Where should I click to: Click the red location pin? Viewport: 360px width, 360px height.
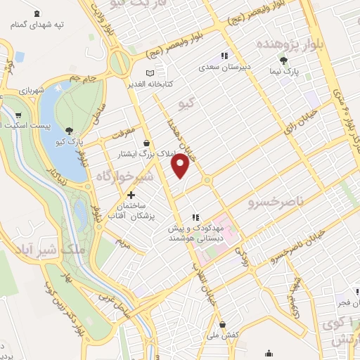[181, 165]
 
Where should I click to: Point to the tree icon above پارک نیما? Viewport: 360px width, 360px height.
[284, 60]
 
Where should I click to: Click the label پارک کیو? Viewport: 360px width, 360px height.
[69, 141]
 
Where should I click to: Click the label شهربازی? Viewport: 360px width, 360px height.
[32, 91]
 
